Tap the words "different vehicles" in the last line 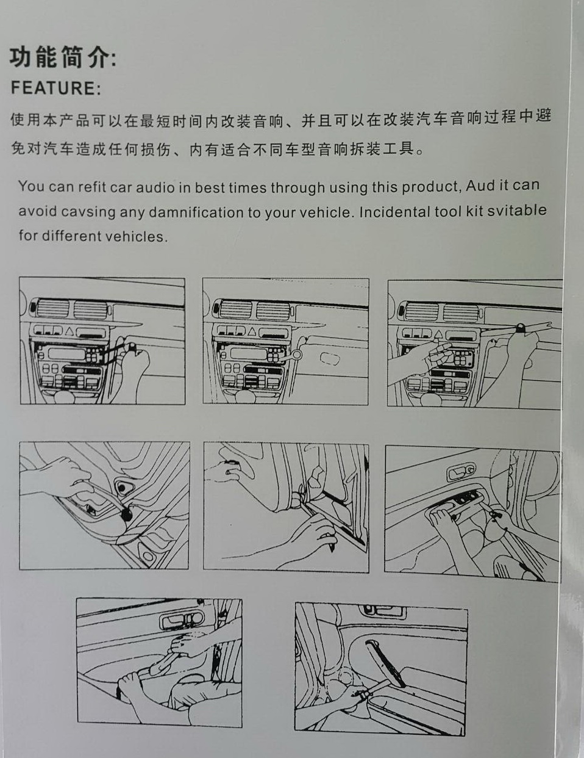103,236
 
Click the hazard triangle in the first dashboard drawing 69,331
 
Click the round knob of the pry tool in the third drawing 522,327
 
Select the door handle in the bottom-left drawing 181,619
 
